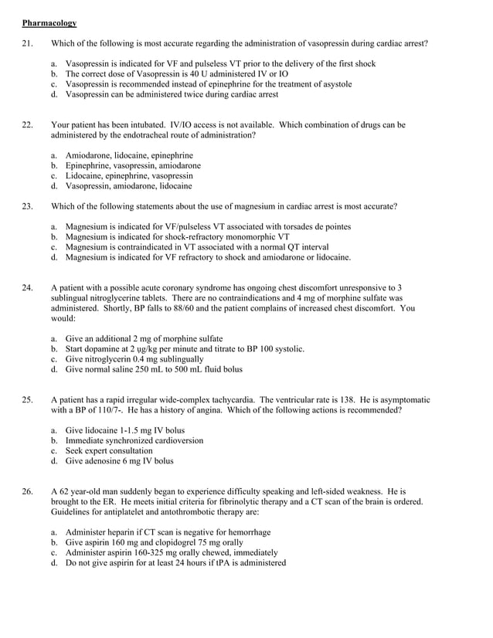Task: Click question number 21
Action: click(28, 43)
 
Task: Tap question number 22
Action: click(28, 124)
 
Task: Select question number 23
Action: click(28, 206)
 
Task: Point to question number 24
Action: click(28, 287)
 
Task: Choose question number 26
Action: click(28, 491)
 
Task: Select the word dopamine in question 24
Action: click(102, 348)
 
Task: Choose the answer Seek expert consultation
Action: click(109, 450)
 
